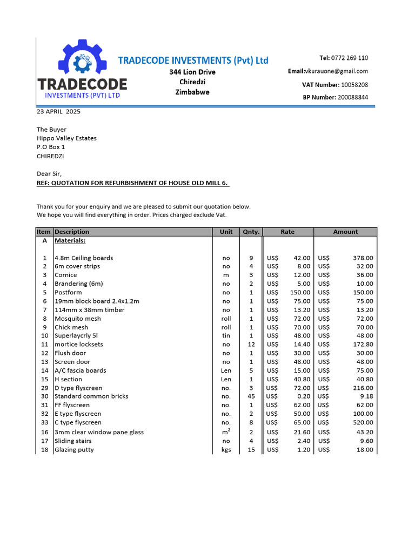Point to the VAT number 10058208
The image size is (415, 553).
click(x=354, y=85)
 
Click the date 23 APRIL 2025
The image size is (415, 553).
click(x=58, y=112)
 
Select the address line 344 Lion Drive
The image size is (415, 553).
click(x=192, y=72)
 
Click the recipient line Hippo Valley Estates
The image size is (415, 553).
click(x=66, y=138)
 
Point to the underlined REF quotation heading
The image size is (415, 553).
click(x=133, y=183)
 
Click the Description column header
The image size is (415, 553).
click(x=72, y=232)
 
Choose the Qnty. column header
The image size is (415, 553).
click(x=251, y=232)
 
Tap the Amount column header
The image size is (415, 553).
click(x=345, y=232)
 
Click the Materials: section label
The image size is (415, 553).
click(x=70, y=241)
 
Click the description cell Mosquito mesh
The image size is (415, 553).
click(x=77, y=319)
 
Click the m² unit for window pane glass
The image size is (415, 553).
click(x=226, y=432)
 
